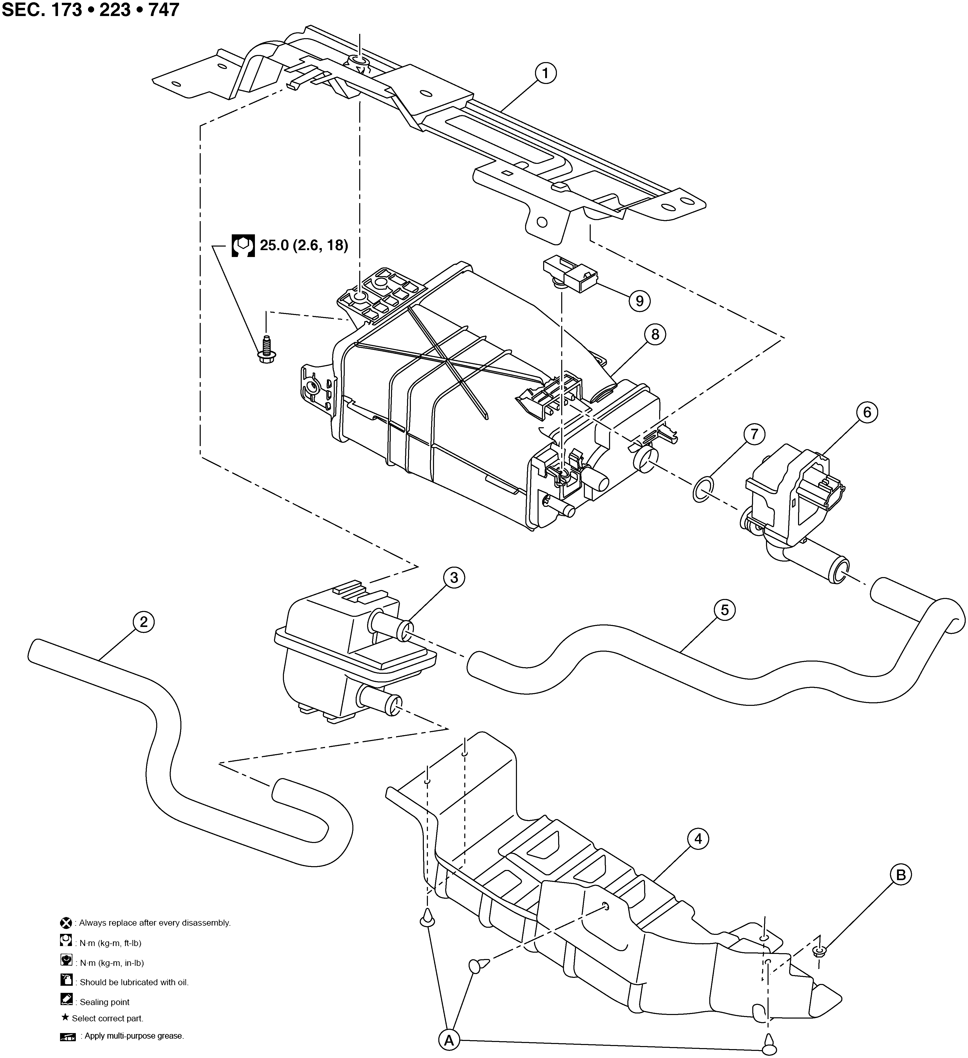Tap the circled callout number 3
pyautogui.click(x=454, y=578)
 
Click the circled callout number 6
pyautogui.click(x=867, y=412)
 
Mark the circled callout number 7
pyautogui.click(x=754, y=435)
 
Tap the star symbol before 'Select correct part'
pyautogui.click(x=65, y=1017)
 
